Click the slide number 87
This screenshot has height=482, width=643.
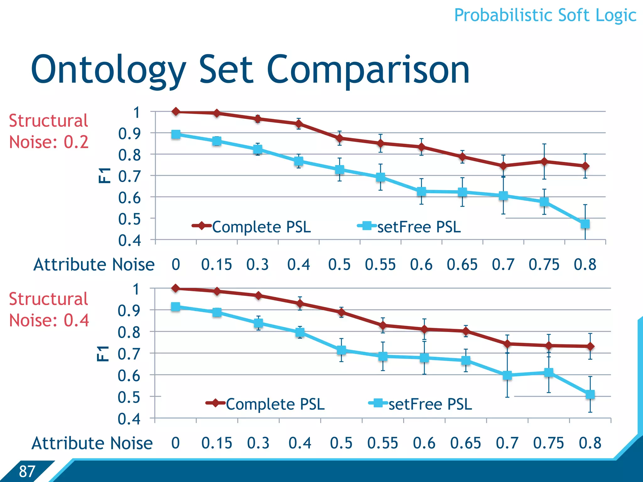pos(27,471)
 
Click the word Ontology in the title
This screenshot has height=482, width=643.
pos(108,70)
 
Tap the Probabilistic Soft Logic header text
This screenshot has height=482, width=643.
pos(545,15)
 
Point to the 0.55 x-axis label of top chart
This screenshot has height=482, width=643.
pos(380,265)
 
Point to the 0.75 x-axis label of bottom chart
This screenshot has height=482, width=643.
pos(548,443)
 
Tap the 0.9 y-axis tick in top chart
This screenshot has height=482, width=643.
pos(129,134)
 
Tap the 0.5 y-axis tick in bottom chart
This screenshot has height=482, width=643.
pos(129,397)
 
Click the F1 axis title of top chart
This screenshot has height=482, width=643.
pos(104,175)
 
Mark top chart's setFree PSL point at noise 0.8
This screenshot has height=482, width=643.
pos(585,224)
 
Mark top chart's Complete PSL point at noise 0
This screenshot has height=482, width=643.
pos(176,112)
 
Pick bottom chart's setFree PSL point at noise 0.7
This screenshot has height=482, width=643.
pos(507,375)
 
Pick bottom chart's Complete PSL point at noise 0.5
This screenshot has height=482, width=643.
pos(341,312)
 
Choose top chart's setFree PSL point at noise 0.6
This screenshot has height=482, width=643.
pos(421,191)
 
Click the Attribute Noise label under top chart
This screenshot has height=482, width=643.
pos(94,265)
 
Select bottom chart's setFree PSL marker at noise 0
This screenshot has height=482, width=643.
pos(176,307)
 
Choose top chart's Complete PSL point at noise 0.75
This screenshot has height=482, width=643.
pos(544,162)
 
